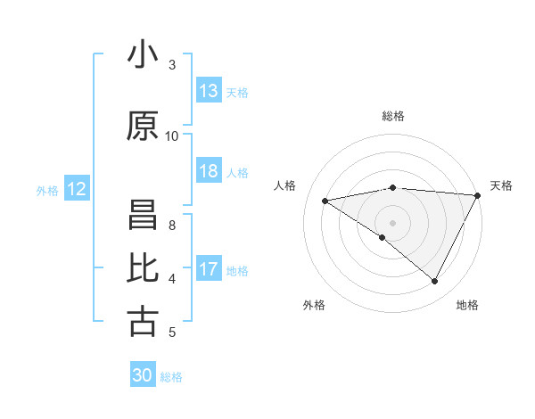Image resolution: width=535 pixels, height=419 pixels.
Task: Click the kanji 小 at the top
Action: [143, 55]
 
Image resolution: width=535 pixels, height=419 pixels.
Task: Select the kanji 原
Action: [143, 127]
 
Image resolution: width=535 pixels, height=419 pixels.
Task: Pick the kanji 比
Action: [143, 268]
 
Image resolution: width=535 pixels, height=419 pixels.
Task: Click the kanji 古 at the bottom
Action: [143, 321]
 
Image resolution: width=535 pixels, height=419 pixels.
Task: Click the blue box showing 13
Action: [209, 91]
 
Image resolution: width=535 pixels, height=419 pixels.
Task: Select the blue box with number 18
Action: [209, 171]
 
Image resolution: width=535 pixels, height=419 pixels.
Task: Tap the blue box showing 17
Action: [209, 269]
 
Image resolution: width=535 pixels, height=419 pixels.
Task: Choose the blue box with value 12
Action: [77, 189]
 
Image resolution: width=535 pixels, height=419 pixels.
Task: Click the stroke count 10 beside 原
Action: [172, 136]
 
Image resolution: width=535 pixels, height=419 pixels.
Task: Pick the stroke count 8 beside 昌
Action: [172, 226]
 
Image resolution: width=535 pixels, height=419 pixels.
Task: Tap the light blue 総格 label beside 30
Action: [172, 377]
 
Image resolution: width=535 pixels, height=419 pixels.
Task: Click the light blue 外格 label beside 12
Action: [47, 190]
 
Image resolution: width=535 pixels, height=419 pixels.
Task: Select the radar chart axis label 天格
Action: [501, 185]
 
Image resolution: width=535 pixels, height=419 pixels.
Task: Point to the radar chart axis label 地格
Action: [467, 306]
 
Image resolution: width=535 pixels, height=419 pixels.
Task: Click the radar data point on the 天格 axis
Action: [478, 194]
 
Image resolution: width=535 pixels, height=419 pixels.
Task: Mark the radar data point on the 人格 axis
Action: [325, 201]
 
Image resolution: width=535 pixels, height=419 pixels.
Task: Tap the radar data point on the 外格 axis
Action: [383, 237]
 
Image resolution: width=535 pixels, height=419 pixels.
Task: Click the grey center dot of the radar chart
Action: [392, 221]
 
